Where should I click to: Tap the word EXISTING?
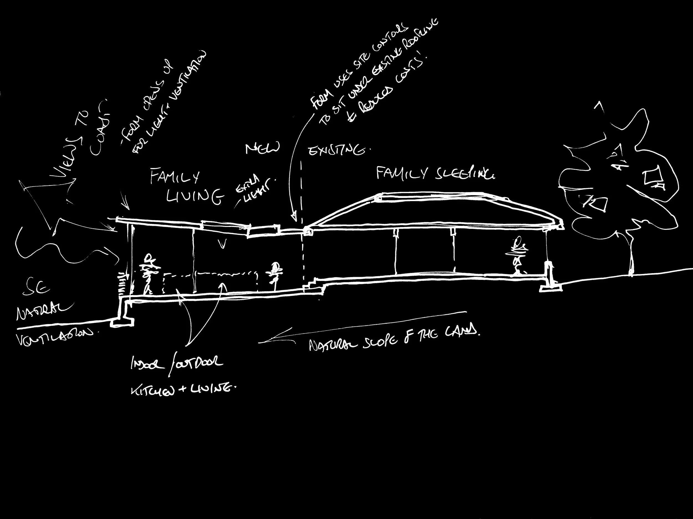(x=337, y=151)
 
